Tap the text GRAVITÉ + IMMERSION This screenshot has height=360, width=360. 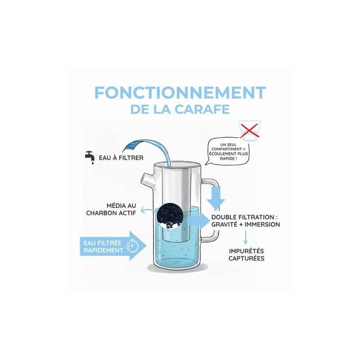coord(246,225)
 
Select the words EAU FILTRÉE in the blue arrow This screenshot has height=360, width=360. coord(103,242)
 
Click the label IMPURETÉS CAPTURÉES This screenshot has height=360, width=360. coord(246,255)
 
